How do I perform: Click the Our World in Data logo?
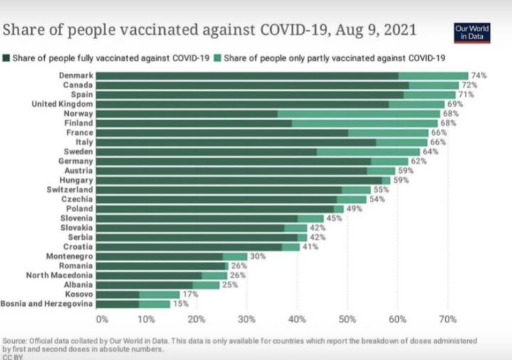pyautogui.click(x=472, y=32)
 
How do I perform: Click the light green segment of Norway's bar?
pyautogui.click(x=358, y=114)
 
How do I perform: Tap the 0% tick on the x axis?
pyautogui.click(x=102, y=319)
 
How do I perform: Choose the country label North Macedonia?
pyautogui.click(x=59, y=275)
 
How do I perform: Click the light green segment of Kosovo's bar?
pyautogui.click(x=159, y=294)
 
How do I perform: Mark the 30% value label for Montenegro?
pyautogui.click(x=257, y=256)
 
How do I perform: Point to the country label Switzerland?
pyautogui.click(x=69, y=190)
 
